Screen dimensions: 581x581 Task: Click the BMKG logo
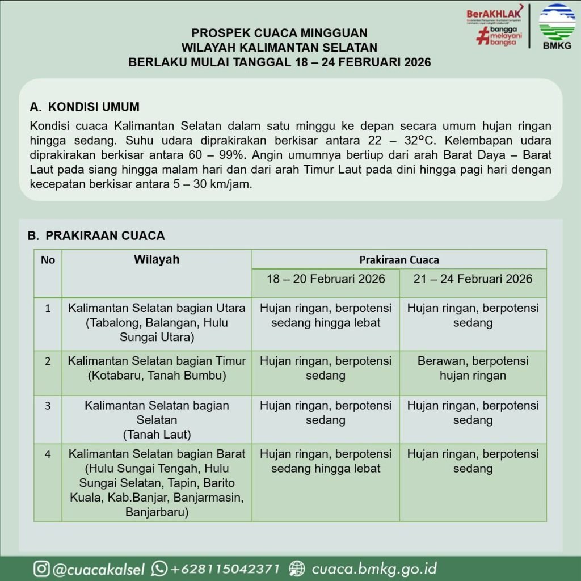point(557,26)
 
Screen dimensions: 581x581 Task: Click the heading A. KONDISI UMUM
point(85,107)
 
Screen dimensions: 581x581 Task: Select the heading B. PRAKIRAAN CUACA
point(96,235)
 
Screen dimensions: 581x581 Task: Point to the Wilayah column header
point(157,260)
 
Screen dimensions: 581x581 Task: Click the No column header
point(48,260)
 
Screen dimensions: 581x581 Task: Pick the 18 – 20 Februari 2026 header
point(326,279)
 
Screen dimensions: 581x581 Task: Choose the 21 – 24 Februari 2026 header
point(473,279)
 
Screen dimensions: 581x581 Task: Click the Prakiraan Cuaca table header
point(399,260)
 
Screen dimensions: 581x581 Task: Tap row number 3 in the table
point(48,406)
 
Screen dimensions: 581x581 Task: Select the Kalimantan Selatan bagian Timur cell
point(157,368)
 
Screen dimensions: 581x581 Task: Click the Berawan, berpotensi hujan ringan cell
point(473,368)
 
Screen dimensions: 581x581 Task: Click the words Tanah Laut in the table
point(157,435)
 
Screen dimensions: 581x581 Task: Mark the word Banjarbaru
point(157,512)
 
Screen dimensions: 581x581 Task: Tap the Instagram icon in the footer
point(41,569)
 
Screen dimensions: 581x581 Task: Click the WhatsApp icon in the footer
point(159,569)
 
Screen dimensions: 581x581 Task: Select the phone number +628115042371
point(225,569)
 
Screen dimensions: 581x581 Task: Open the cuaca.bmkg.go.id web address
point(374,569)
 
